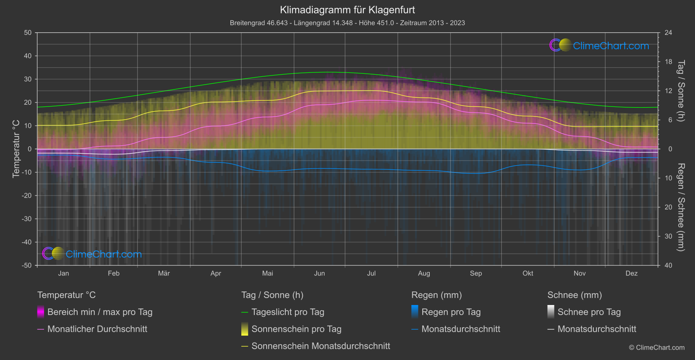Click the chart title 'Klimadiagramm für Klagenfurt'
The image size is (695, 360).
pos(347,10)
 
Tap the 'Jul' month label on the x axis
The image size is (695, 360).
pos(371,273)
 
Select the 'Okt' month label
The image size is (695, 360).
pos(528,273)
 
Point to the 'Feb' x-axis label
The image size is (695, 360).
pos(113,273)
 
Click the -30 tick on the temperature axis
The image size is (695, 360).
pos(27,219)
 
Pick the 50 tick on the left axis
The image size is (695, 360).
pos(28,33)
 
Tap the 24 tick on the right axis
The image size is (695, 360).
pos(668,33)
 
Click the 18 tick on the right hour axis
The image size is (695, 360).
pos(668,62)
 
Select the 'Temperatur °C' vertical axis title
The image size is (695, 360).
pos(16,149)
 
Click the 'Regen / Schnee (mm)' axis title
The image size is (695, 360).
pos(681,207)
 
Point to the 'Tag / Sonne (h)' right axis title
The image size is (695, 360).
pos(681,91)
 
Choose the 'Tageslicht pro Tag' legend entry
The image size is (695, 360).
pos(288,312)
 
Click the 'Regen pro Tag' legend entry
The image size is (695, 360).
pos(451,312)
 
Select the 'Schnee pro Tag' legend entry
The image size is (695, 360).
pos(589,312)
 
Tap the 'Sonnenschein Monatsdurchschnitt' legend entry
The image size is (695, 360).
pos(321,346)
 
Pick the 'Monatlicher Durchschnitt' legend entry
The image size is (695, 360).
pos(97,329)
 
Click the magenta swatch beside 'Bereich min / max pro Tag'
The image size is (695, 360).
pos(41,312)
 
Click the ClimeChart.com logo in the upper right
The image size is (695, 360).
pos(599,45)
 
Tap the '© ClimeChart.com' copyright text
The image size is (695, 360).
pos(657,348)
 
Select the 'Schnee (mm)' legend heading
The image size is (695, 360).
pos(575,295)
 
